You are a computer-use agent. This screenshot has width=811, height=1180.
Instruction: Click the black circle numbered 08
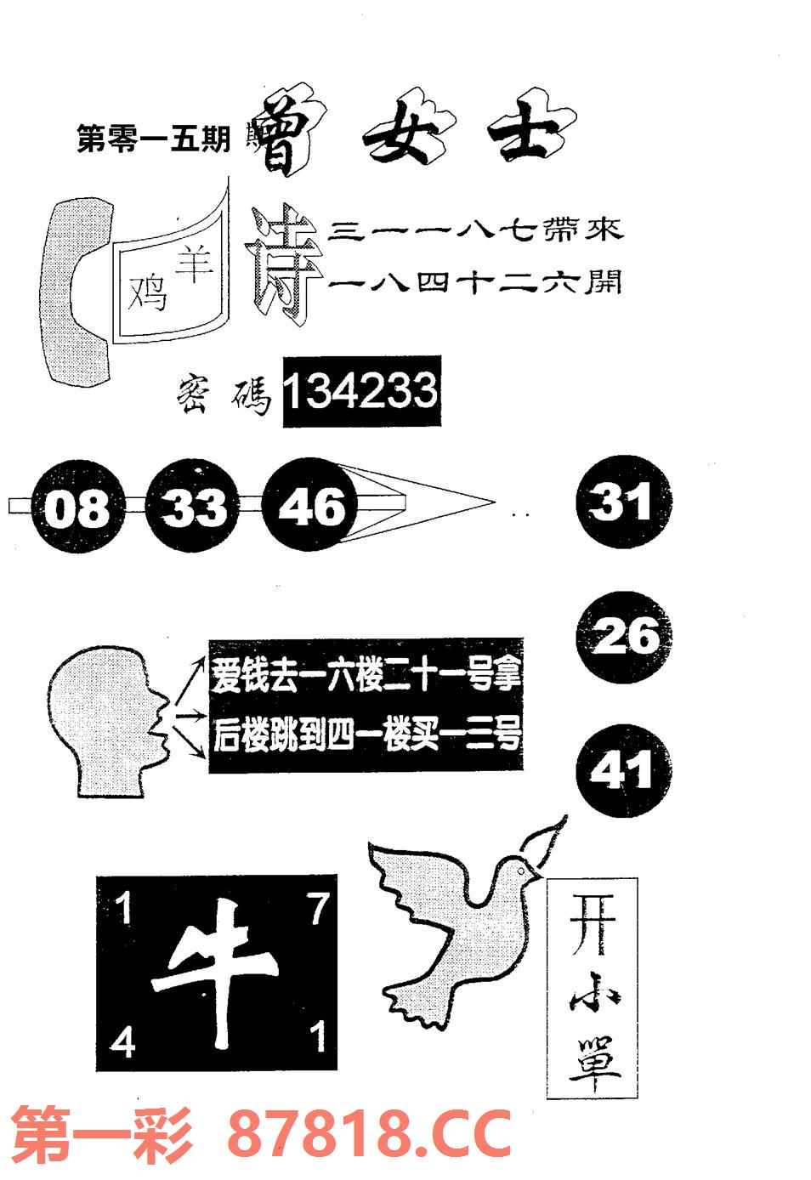pyautogui.click(x=77, y=508)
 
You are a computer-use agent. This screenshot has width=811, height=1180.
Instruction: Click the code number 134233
pyautogui.click(x=360, y=392)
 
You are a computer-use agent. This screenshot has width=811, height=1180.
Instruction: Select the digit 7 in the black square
pyautogui.click(x=317, y=911)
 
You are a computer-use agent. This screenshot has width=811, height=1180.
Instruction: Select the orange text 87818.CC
pyautogui.click(x=370, y=1134)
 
